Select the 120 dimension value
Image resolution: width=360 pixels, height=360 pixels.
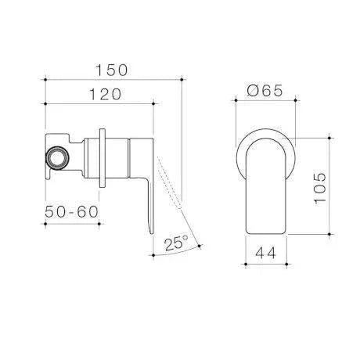(x=99, y=95)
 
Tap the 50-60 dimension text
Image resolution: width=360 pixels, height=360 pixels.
(x=70, y=212)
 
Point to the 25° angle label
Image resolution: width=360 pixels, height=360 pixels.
(x=177, y=243)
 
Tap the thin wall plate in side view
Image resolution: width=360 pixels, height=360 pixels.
(x=104, y=157)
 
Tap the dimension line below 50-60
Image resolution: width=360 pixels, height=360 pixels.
(x=72, y=222)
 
